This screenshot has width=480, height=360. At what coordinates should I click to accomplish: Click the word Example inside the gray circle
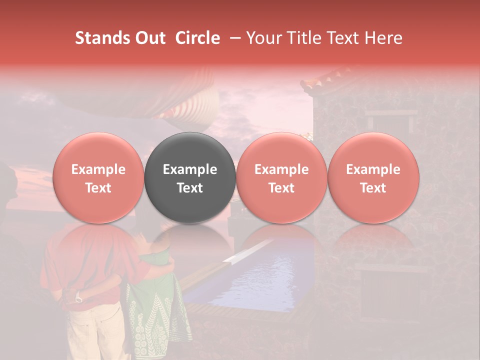190,169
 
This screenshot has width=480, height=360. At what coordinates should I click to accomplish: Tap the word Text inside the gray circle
190,188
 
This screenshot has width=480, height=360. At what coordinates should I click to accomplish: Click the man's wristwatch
78,298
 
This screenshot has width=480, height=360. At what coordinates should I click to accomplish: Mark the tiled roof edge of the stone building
330,80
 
